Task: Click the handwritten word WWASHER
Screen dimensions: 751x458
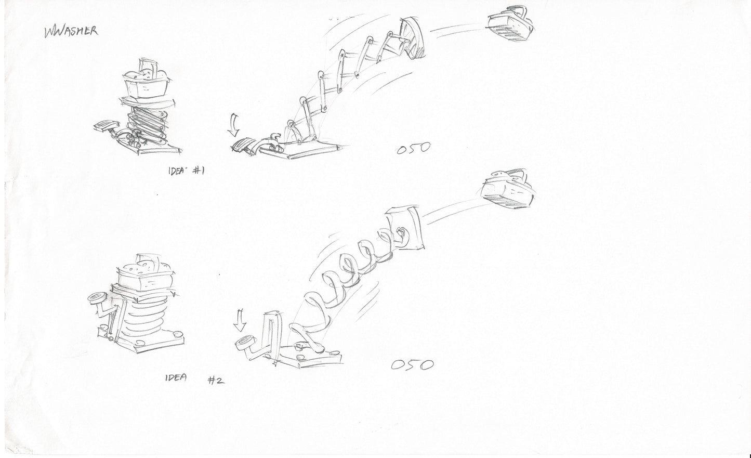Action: coord(71,32)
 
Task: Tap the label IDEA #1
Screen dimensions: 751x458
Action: coord(186,171)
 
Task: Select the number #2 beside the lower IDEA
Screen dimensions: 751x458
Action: coord(216,381)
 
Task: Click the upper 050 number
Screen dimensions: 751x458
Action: coord(413,148)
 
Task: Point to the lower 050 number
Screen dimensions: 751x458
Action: coord(412,365)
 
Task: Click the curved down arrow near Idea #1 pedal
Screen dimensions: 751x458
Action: coord(234,125)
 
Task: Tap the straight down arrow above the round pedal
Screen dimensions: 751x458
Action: coord(240,321)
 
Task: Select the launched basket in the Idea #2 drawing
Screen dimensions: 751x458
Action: coord(507,189)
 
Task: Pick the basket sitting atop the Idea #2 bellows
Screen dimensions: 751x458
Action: coord(145,274)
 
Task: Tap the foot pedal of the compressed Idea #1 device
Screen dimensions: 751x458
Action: coord(106,126)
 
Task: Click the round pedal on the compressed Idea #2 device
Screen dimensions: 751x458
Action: coord(98,298)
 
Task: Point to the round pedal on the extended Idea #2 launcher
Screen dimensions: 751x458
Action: coord(245,343)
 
